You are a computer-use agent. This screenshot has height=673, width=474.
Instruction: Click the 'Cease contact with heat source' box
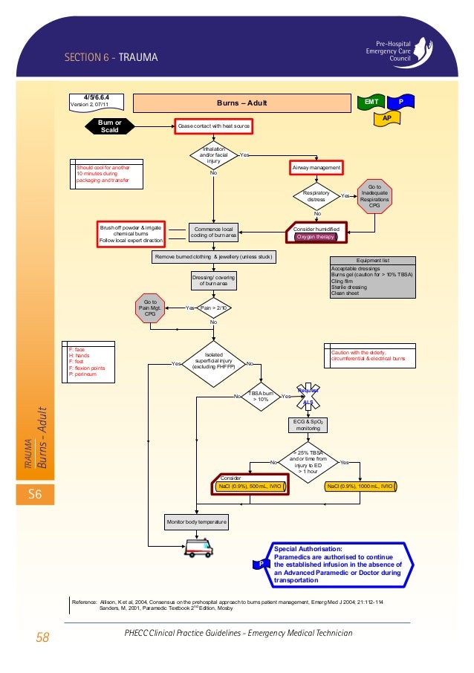pyautogui.click(x=213, y=126)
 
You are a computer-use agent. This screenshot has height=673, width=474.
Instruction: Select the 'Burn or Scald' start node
pyautogui.click(x=109, y=126)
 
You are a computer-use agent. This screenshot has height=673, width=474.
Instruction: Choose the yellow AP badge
pyautogui.click(x=386, y=118)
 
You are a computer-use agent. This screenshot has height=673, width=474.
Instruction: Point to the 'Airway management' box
pyautogui.click(x=316, y=169)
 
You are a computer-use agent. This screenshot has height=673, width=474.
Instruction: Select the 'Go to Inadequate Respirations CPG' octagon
pyautogui.click(x=374, y=195)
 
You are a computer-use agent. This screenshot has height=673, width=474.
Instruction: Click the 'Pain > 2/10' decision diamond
pyautogui.click(x=213, y=307)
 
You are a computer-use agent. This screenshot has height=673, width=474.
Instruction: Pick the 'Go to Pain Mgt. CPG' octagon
pyautogui.click(x=151, y=308)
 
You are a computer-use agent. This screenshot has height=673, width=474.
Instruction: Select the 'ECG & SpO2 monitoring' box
pyautogui.click(x=308, y=425)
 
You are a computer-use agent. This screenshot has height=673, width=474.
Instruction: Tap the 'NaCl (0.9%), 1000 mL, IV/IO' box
pyautogui.click(x=360, y=487)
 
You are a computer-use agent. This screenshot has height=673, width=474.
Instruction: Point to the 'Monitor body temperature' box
pyautogui.click(x=197, y=522)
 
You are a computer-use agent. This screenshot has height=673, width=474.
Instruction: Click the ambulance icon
pyautogui.click(x=197, y=548)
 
